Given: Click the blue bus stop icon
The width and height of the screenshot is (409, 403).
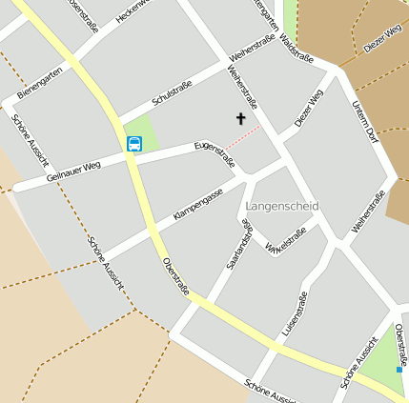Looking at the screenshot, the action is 134,144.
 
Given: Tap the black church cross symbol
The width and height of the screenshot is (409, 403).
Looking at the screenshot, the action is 240,119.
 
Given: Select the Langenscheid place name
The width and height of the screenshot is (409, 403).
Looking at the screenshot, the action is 282,206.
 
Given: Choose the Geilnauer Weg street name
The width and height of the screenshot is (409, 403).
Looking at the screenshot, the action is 72,171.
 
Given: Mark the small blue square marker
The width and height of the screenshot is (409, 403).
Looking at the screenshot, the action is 399,369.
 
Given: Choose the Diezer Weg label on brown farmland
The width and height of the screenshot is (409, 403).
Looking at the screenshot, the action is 381,40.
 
